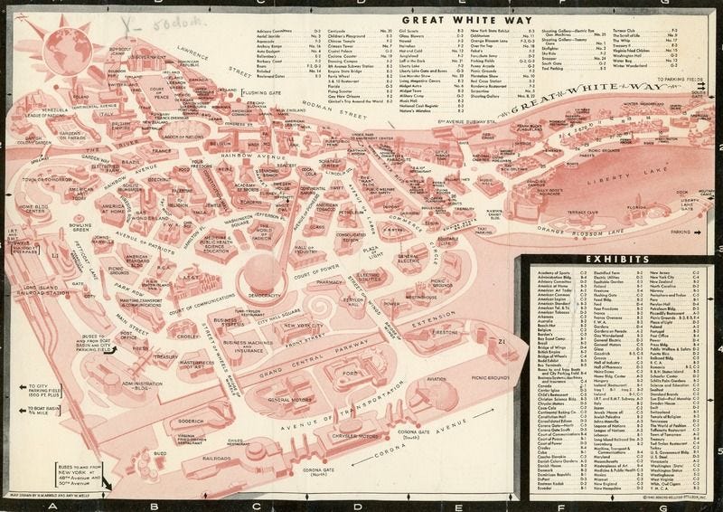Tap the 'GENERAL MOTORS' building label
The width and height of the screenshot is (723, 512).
pyautogui.click(x=291, y=400)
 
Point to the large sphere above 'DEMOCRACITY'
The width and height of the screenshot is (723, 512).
pyautogui.click(x=265, y=270)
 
